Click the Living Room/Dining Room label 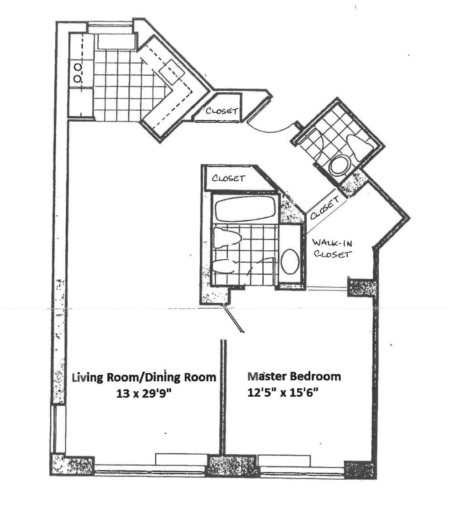click(x=144, y=377)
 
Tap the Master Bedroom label click(x=294, y=376)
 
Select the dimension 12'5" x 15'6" click(x=283, y=393)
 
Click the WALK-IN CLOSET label click(x=332, y=249)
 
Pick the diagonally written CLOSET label click(x=324, y=207)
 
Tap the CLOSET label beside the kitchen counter click(x=222, y=111)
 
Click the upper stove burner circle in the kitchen click(x=78, y=67)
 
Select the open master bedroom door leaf click(x=234, y=320)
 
